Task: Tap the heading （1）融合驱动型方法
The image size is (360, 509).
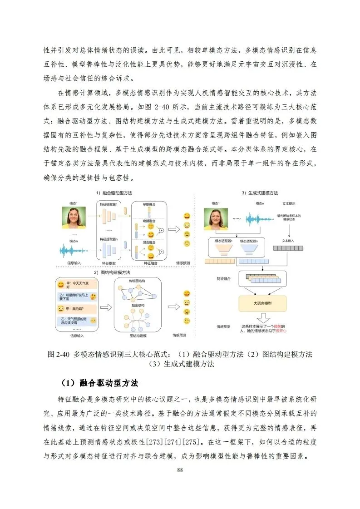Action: click(x=99, y=382)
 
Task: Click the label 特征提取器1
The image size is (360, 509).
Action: click(x=109, y=204)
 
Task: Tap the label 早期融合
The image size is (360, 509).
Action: click(x=149, y=205)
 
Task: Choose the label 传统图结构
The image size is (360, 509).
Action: click(x=136, y=282)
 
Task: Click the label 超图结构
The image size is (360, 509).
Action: click(x=137, y=306)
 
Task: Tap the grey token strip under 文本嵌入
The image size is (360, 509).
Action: click(x=288, y=248)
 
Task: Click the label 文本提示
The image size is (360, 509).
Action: click(x=289, y=204)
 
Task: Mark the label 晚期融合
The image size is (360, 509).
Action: click(x=149, y=221)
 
